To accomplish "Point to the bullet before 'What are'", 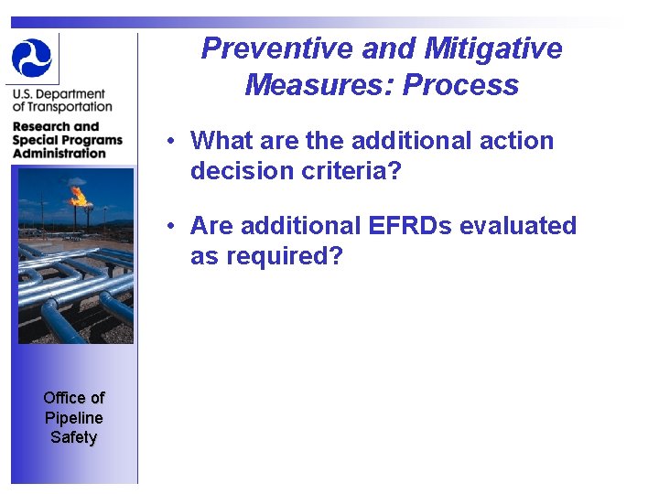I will tap(171, 142).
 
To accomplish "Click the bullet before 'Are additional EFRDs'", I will tap(171, 226).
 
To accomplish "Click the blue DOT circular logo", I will tap(32, 57).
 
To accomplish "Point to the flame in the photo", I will tap(79, 195).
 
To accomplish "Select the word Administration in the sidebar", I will tap(59, 153).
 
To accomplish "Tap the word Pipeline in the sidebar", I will tap(73, 417).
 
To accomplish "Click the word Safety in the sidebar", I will tap(73, 437).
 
